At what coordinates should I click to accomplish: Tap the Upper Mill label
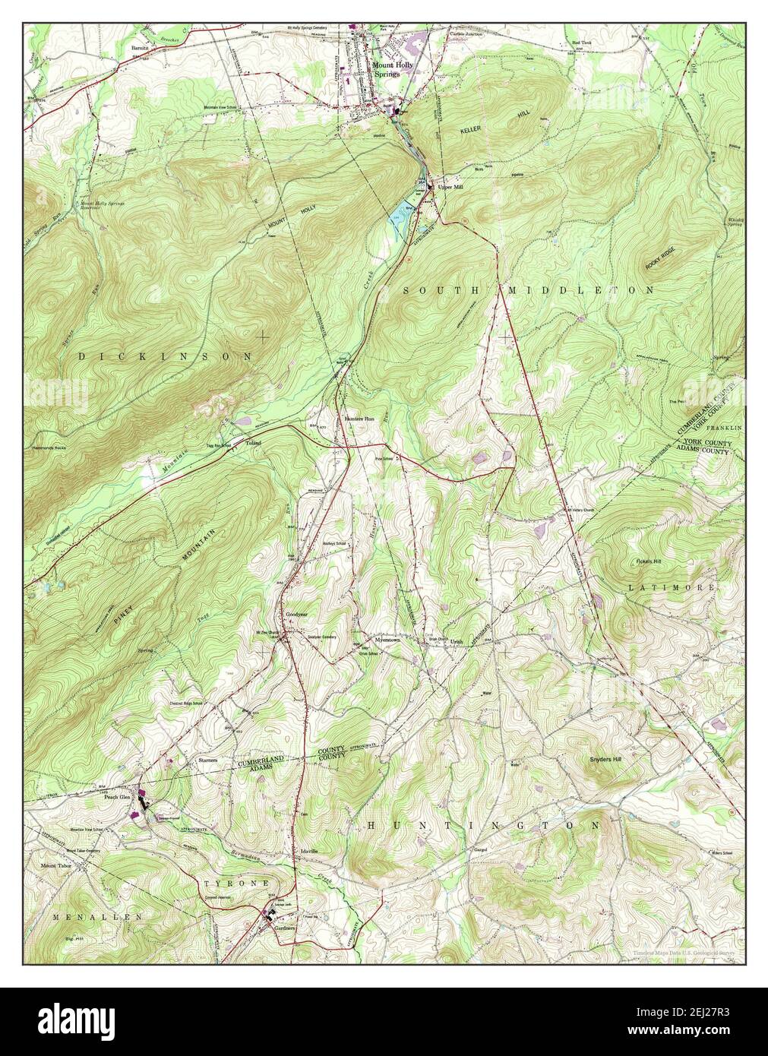click(x=450, y=186)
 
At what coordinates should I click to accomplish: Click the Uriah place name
click(x=456, y=642)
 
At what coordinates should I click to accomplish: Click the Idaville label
click(x=308, y=850)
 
